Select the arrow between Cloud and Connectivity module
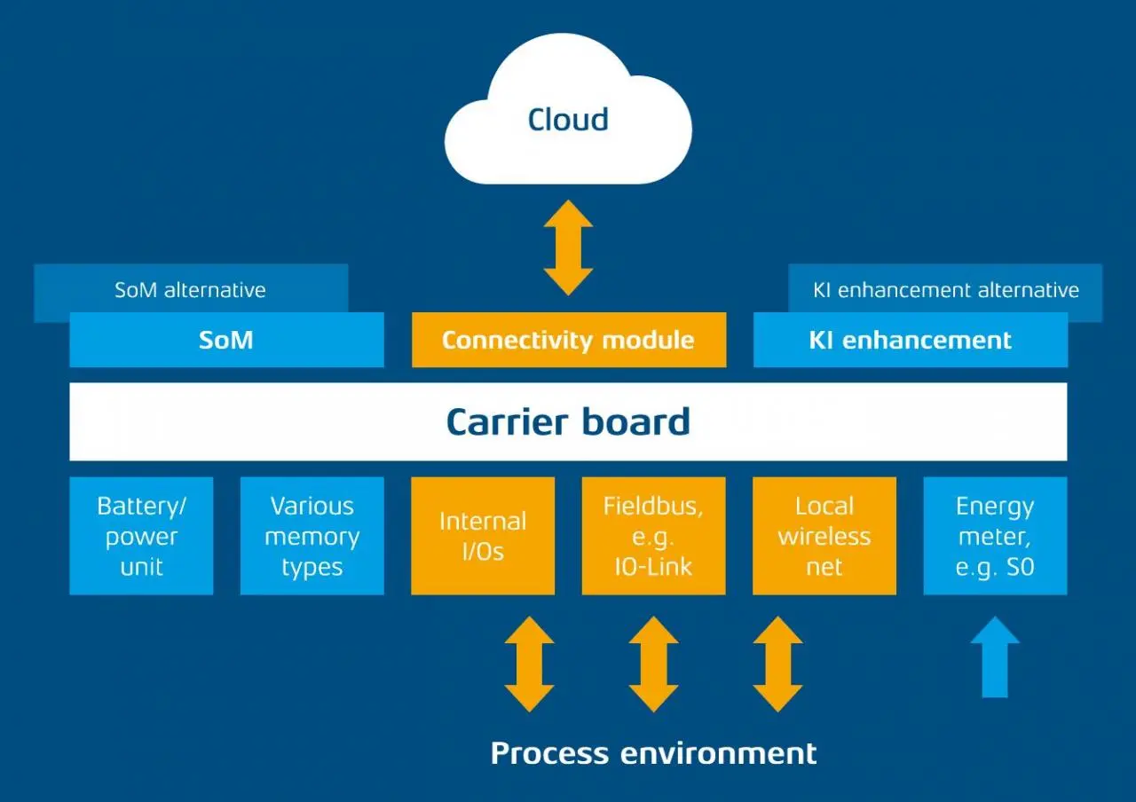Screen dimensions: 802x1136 tap(568, 248)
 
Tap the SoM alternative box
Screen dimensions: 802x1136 tap(190, 290)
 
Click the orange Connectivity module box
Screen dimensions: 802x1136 tap(568, 340)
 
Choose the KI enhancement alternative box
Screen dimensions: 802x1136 tap(945, 290)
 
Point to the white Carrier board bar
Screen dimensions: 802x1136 tap(568, 421)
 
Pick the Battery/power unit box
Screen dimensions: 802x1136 tap(141, 536)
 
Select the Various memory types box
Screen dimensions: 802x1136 tap(312, 536)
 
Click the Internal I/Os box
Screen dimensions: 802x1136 tap(483, 536)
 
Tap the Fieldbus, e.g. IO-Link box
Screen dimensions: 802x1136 tap(653, 536)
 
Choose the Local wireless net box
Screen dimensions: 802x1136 tap(824, 536)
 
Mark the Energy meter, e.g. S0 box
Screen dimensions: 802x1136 tap(995, 536)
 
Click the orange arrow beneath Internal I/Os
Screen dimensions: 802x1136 tap(529, 664)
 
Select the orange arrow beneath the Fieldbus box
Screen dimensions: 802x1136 tap(653, 664)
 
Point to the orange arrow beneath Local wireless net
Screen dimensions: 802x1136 tap(777, 664)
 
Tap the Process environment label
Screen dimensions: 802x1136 tap(653, 753)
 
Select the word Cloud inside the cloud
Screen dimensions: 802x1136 tap(568, 120)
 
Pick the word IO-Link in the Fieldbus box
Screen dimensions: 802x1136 tap(653, 566)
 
